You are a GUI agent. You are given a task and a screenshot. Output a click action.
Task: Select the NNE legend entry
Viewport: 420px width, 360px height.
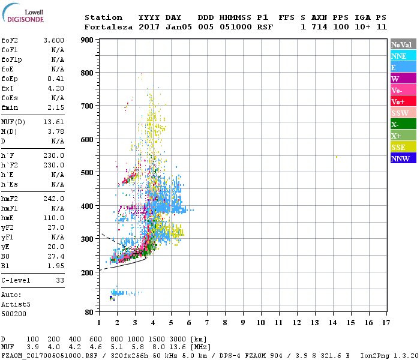403,56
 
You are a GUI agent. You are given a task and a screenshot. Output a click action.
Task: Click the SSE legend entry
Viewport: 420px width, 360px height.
403,147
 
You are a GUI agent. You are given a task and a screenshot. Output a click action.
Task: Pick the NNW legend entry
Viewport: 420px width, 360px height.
403,158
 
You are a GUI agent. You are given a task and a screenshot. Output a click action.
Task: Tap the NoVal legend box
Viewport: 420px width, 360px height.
403,44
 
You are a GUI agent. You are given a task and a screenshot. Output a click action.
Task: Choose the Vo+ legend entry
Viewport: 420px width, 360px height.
403,101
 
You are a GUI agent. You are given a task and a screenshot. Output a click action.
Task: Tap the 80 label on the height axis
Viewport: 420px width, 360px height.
88,312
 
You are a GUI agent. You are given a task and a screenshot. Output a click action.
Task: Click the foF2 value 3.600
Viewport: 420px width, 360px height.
54,40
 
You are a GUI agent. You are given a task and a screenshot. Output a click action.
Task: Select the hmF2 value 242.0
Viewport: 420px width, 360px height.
54,198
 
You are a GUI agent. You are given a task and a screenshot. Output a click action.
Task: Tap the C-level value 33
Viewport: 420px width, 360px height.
59,280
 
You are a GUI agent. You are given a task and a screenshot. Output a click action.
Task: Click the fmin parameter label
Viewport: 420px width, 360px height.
10,107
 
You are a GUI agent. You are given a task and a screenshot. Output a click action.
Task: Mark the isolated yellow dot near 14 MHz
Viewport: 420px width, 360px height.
337,157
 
